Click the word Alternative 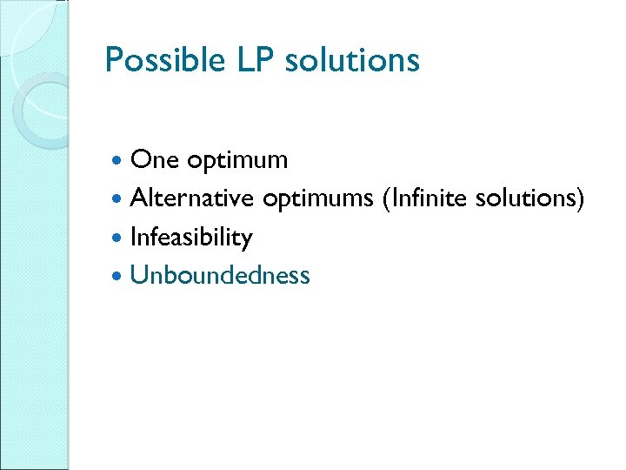point(192,198)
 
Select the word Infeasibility point(190,238)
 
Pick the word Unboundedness point(219,275)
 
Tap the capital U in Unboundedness point(137,276)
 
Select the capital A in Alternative point(138,198)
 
